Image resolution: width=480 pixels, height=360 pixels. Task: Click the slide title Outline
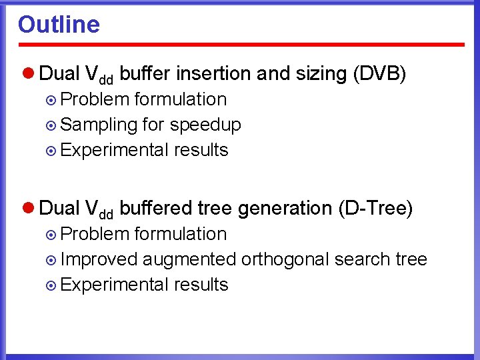pyautogui.click(x=59, y=25)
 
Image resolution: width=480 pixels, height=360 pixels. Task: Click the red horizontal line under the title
pyautogui.click(x=241, y=45)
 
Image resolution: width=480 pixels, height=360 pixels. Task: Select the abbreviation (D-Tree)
pyautogui.click(x=376, y=208)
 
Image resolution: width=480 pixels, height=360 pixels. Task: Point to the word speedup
pyautogui.click(x=205, y=125)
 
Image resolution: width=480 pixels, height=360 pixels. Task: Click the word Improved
pyautogui.click(x=99, y=259)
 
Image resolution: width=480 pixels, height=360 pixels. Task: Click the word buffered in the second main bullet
pyautogui.click(x=158, y=208)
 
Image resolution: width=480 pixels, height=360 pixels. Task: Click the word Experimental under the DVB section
pyautogui.click(x=114, y=150)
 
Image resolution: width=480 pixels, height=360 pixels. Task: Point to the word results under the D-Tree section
pyautogui.click(x=201, y=285)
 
